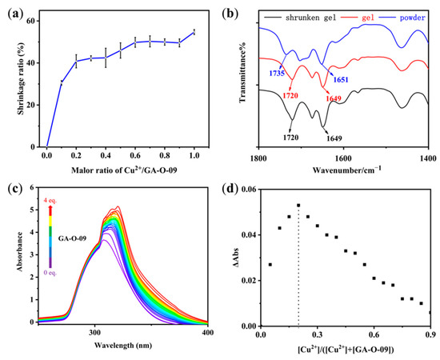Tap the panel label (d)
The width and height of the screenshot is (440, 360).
coord(233,189)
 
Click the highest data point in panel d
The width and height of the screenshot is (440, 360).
coord(298,205)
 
